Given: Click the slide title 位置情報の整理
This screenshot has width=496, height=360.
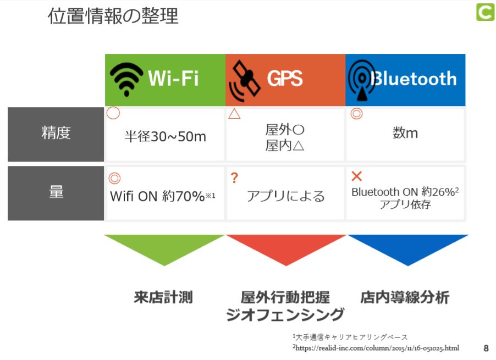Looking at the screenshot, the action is (113, 16).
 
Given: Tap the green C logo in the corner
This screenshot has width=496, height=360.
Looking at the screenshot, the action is (485, 12).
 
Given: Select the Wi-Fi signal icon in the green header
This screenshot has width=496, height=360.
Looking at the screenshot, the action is (126, 79).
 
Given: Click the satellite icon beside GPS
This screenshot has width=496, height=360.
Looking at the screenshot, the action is (244, 81).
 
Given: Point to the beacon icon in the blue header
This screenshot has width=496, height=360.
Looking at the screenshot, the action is (362, 80).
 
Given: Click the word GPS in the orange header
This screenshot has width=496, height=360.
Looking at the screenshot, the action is (285, 79).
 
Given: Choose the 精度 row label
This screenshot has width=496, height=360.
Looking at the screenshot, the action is (56, 132).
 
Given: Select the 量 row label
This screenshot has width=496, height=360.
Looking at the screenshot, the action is (56, 192).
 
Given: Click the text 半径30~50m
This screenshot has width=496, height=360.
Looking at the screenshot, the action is (165, 136).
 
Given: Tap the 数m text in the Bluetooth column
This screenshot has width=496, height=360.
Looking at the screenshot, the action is (405, 133).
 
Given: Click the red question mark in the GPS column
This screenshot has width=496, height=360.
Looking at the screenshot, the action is (234, 178).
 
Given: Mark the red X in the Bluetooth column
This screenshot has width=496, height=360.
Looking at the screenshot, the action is (356, 176).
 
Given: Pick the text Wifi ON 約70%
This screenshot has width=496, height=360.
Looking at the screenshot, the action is (157, 196).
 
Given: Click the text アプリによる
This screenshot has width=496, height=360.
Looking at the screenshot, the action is (285, 196).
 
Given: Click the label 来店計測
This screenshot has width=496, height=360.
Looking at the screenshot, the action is (163, 297).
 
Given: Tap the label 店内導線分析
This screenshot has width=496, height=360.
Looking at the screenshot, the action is (405, 297).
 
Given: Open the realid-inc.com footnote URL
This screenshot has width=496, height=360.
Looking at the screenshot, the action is (377, 348).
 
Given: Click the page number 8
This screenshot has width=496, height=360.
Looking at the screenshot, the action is (486, 348).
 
